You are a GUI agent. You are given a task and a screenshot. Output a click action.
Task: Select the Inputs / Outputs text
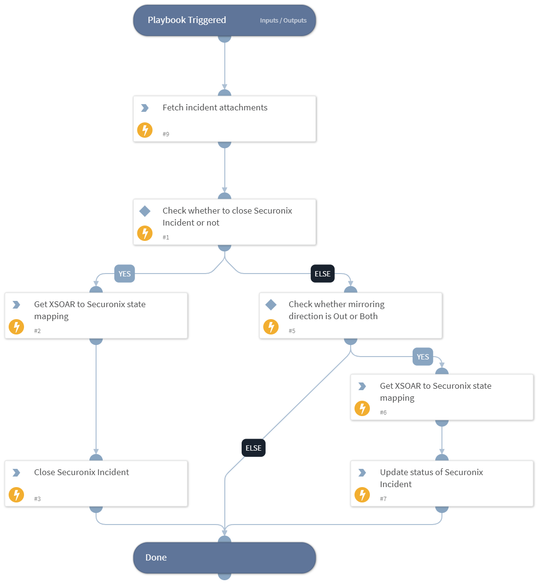(283, 21)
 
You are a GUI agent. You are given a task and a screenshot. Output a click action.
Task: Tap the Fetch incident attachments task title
(215, 107)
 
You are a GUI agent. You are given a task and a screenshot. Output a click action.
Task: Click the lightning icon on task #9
(145, 130)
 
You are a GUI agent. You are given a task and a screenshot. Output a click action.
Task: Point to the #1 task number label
(166, 237)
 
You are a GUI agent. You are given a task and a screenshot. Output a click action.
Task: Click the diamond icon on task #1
(145, 211)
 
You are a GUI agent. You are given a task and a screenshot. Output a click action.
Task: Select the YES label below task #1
(124, 274)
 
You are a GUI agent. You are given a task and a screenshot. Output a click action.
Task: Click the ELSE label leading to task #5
(322, 274)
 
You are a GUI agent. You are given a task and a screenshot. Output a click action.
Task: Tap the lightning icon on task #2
(16, 327)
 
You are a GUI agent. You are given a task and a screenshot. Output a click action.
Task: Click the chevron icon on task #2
(16, 305)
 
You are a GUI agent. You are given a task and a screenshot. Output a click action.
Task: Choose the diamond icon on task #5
(271, 305)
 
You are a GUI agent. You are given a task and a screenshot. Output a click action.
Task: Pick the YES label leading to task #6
(423, 357)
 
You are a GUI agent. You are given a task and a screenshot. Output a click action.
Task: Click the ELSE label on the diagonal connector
(253, 448)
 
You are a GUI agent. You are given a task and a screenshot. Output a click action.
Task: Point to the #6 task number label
(383, 412)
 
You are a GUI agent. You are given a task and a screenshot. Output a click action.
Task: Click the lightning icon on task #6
(362, 408)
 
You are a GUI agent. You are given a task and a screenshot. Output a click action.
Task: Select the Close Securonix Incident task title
(81, 472)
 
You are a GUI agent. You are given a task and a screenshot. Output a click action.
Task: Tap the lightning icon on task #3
(16, 495)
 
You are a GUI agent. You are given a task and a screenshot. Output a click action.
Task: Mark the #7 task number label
(383, 499)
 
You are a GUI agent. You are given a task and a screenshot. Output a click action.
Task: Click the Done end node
(224, 558)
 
